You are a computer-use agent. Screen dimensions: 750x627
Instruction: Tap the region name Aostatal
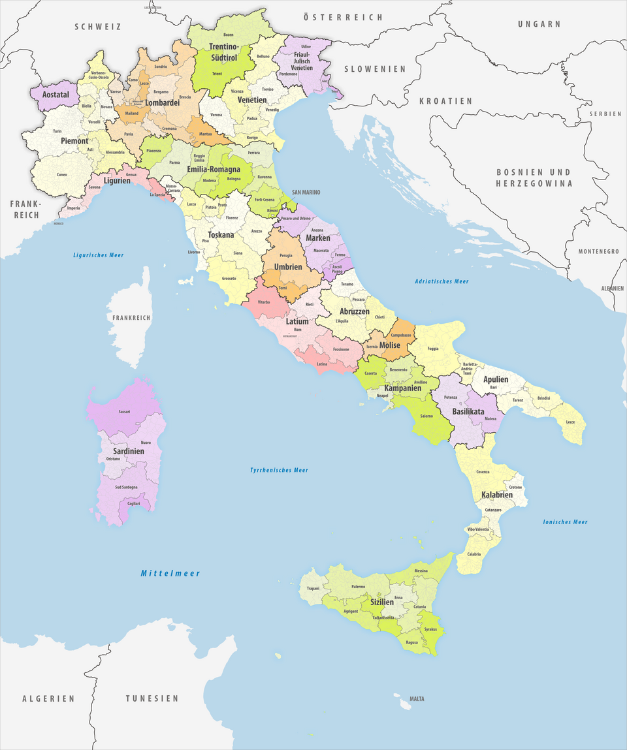[x=56, y=95]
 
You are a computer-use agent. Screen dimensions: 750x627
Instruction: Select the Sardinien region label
[x=127, y=451]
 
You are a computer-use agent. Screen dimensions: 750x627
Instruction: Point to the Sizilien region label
[x=382, y=602]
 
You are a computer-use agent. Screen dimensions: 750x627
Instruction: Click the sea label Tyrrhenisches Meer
[x=279, y=470]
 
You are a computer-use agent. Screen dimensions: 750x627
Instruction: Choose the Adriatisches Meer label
[x=442, y=281]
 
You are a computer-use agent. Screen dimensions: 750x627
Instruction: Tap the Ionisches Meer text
[x=565, y=522]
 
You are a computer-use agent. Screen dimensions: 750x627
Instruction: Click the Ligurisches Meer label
[x=98, y=255]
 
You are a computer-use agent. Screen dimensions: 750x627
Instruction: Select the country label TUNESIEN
[x=152, y=698]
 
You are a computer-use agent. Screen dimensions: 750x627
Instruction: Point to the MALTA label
[x=417, y=699]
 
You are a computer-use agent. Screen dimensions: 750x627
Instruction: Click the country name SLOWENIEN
[x=375, y=69]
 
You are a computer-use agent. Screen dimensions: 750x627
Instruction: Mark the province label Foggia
[x=433, y=349]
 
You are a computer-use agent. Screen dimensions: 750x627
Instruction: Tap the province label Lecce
[x=571, y=422]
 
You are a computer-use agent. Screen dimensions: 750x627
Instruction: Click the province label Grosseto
[x=229, y=279]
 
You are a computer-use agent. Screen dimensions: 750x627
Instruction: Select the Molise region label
[x=389, y=345]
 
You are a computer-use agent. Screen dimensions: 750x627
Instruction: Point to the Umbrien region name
[x=287, y=267]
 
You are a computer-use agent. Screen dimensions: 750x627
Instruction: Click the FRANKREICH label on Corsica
[x=131, y=318]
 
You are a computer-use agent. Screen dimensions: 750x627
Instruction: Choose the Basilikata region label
[x=468, y=412]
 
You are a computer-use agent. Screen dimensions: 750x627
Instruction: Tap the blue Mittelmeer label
[x=170, y=573]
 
